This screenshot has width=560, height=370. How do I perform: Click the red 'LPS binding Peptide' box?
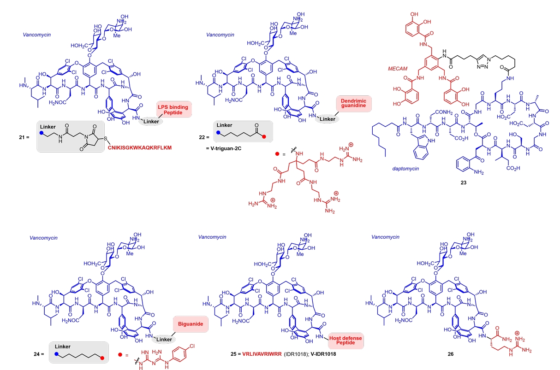(170, 109)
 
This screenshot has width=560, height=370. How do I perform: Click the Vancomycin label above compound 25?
(212, 237)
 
